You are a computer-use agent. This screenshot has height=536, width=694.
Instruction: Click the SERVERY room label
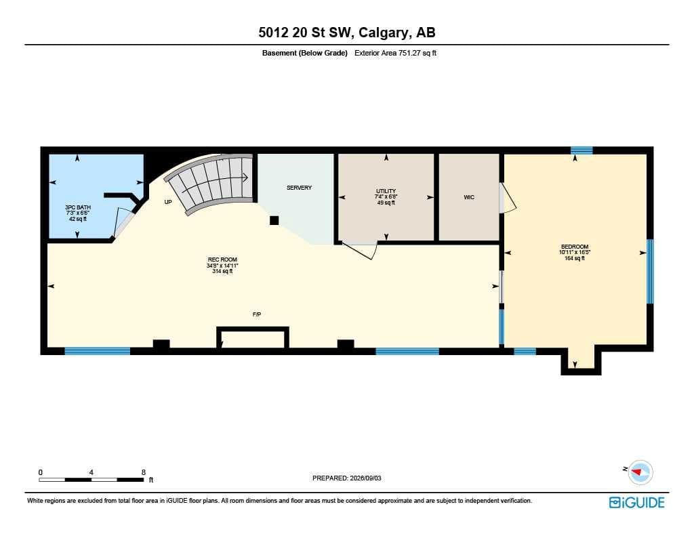pos(299,188)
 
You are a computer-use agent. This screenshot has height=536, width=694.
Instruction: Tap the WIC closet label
pos(469,197)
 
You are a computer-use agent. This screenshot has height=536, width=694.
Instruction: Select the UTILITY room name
pos(386,191)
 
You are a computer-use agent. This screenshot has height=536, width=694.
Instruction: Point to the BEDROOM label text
pos(575,247)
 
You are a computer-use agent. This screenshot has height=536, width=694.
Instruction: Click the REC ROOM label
pos(222,260)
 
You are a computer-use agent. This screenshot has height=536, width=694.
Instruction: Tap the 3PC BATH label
pos(78,207)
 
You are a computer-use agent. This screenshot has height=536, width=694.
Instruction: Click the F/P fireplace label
pos(257,314)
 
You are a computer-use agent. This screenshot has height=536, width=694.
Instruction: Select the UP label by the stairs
pos(168,203)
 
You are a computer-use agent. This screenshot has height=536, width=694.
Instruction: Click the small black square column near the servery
pos(274,220)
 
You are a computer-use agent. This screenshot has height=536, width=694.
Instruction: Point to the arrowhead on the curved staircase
pos(245,178)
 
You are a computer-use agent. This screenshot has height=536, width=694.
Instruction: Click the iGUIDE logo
pos(637,502)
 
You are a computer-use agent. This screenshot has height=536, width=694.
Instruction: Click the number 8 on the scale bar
pos(144,472)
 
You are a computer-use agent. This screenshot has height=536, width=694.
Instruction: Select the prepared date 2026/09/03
pos(365,478)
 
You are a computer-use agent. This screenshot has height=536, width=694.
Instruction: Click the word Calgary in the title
pos(383,33)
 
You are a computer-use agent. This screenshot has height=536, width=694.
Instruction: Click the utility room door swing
pos(359,250)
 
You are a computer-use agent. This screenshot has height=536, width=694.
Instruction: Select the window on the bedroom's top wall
pos(581,150)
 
